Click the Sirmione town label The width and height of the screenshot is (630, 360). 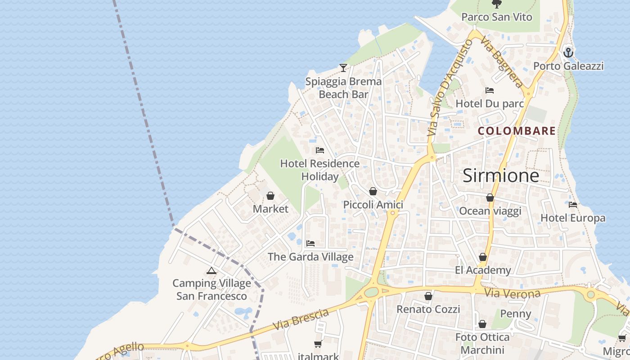point(501,175)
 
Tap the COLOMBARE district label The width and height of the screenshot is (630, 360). point(517,131)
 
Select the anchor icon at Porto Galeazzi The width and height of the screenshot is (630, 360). point(568,52)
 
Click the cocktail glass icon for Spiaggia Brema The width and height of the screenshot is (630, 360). point(343,68)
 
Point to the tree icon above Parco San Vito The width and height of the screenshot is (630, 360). point(497,4)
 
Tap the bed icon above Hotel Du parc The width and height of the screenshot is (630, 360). point(490,90)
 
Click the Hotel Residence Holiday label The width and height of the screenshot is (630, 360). point(320,170)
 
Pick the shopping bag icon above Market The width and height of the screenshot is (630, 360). point(270,196)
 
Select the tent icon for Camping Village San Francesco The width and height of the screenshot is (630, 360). point(211,270)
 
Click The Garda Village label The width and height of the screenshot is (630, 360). point(310,257)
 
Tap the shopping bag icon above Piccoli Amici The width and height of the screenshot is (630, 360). point(373,191)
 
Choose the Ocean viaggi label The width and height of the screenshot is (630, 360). point(490,211)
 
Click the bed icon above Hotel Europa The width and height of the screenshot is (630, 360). point(573,205)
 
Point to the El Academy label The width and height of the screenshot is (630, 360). point(483,270)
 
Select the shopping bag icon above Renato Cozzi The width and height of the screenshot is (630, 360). point(428,296)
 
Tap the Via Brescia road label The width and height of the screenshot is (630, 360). point(301,320)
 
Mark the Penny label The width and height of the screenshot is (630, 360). point(516,314)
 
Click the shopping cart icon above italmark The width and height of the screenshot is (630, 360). point(318,344)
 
